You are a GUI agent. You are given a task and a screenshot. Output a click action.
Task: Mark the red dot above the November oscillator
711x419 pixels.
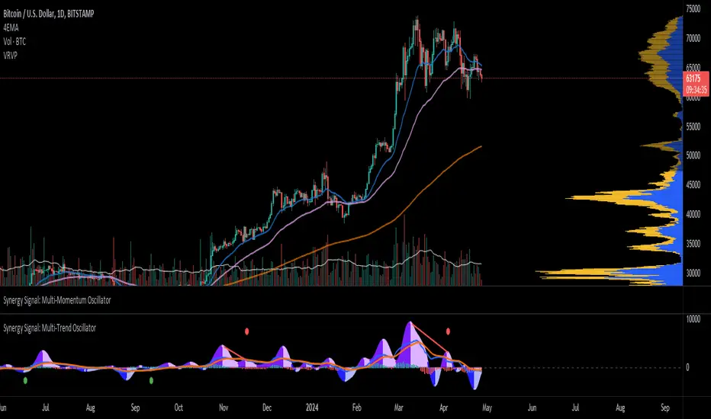pyautogui.click(x=246, y=331)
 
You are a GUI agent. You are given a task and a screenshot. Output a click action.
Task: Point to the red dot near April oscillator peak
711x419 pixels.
pyautogui.click(x=449, y=331)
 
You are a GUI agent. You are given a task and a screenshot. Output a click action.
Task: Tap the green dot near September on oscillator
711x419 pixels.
pyautogui.click(x=151, y=379)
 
